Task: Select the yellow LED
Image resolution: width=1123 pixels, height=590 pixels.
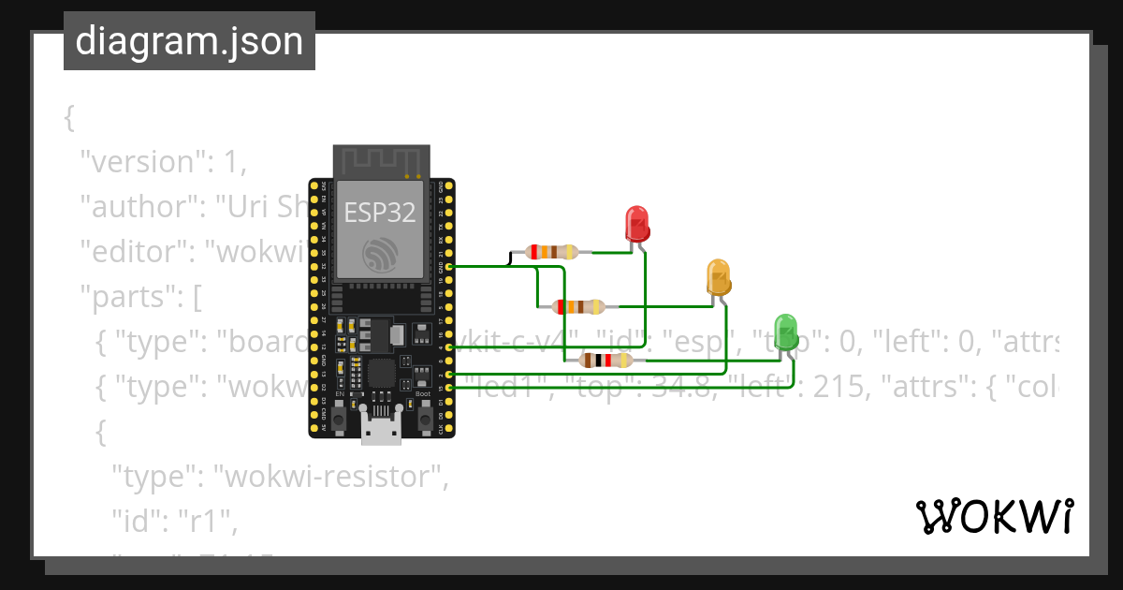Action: coord(718,278)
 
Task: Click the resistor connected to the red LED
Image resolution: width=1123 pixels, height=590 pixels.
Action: coord(553,251)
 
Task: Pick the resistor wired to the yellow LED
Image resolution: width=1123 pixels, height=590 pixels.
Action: coord(580,306)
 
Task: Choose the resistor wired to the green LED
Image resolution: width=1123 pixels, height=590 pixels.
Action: coord(607,361)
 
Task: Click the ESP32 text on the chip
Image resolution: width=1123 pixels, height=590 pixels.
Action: coord(379,212)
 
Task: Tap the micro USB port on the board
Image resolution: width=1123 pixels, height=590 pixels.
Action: coord(382,428)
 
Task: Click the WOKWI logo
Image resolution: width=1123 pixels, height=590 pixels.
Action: coord(994,517)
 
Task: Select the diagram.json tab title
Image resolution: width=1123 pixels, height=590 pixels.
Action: coord(189,41)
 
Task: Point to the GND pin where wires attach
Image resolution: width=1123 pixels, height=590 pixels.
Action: coord(450,267)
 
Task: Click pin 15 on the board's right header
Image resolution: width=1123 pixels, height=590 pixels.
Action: coord(450,387)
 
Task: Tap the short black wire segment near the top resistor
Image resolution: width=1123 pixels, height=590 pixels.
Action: coord(510,258)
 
